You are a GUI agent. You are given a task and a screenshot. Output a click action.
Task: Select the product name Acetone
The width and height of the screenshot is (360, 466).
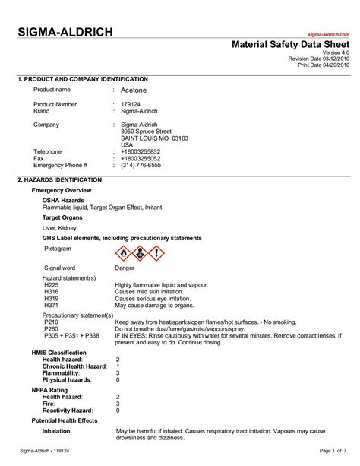133,90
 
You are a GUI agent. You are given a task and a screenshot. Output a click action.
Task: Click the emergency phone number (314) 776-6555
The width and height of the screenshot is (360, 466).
141,164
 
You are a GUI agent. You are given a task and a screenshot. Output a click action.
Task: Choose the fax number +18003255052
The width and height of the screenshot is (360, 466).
141,157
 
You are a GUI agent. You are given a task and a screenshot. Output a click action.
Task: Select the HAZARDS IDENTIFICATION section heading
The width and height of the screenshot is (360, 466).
59,179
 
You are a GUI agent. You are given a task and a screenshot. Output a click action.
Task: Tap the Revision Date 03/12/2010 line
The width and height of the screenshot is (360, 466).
319,59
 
